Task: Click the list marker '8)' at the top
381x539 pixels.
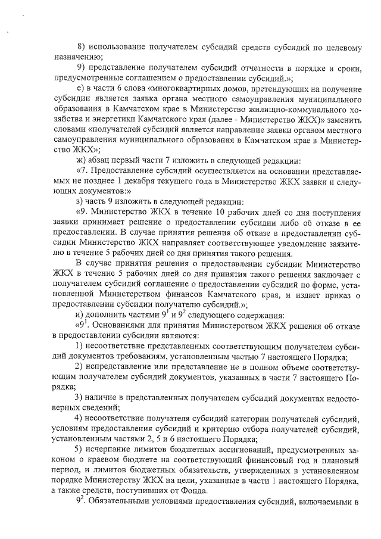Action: point(82,47)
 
